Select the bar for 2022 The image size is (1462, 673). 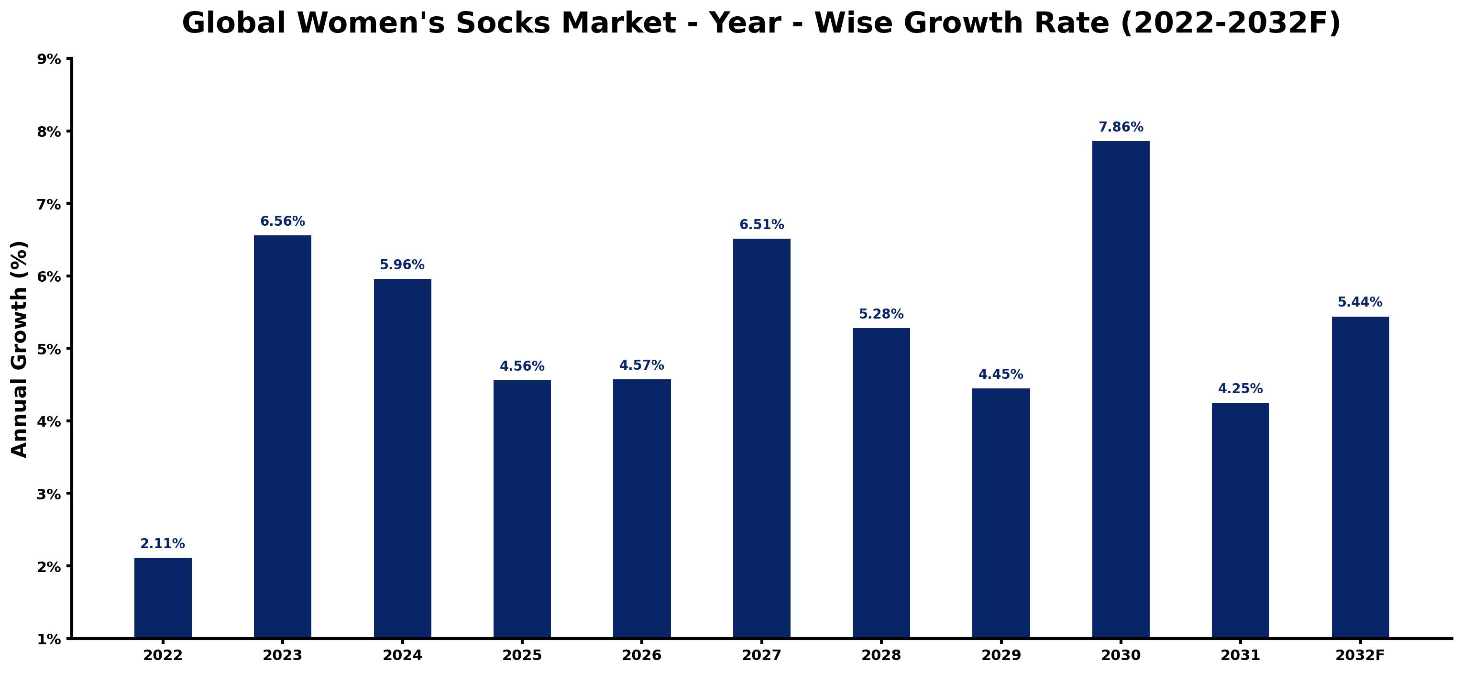click(x=163, y=597)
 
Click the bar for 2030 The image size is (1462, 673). click(x=1121, y=389)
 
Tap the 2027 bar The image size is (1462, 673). click(x=762, y=438)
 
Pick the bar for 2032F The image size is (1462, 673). click(x=1361, y=477)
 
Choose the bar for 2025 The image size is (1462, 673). click(x=522, y=509)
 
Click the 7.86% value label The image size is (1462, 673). click(x=1121, y=127)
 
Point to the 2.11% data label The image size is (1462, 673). click(x=163, y=544)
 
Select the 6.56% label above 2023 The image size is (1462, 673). click(x=283, y=221)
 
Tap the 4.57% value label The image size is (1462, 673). click(x=642, y=365)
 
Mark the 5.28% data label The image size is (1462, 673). click(x=881, y=314)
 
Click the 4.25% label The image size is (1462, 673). click(x=1241, y=389)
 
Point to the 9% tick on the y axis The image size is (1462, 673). click(x=49, y=59)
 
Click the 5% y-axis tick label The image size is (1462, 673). click(x=49, y=349)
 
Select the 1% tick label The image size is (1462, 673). click(x=49, y=640)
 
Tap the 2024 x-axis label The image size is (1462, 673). click(x=402, y=655)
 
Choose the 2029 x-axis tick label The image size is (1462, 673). click(x=1001, y=655)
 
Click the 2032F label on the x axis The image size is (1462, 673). click(x=1361, y=655)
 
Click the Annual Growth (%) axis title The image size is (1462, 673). click(x=19, y=349)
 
